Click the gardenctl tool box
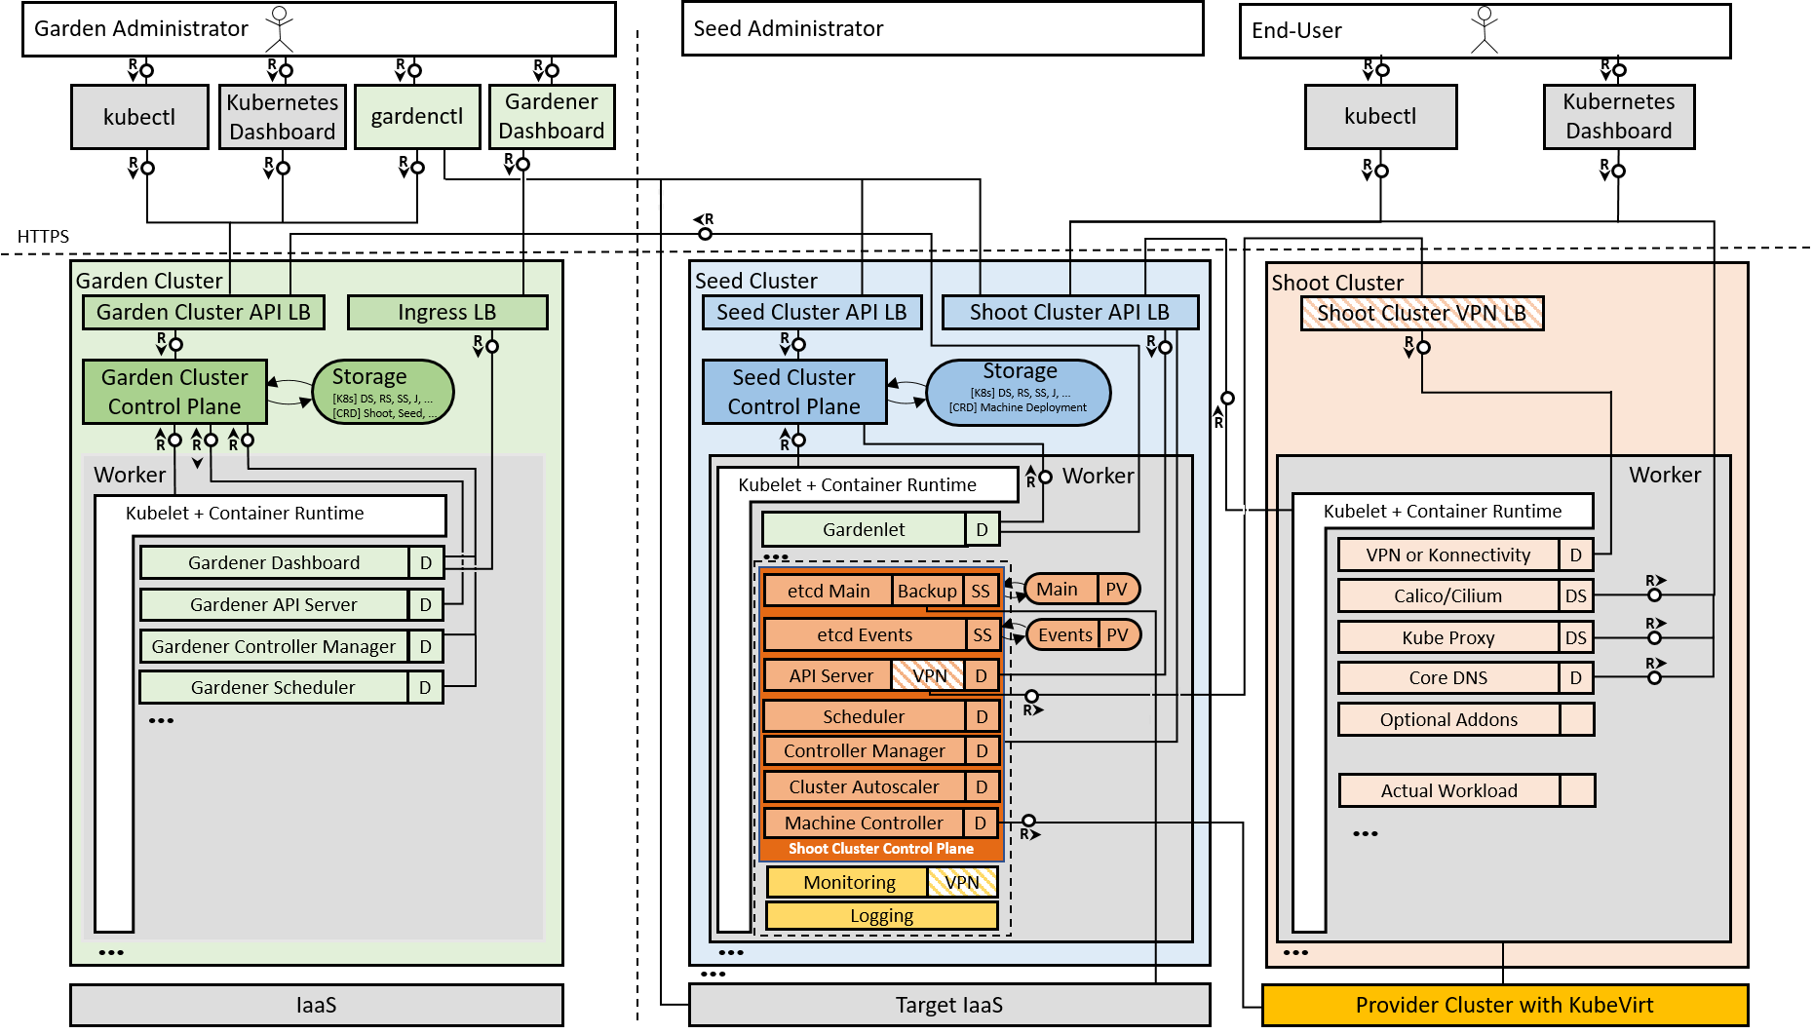417,117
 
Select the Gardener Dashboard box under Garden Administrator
552,117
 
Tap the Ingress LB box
447,313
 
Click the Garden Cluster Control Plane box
174,392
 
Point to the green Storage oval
383,392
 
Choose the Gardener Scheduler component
274,687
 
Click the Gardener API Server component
274,604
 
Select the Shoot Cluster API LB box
1069,313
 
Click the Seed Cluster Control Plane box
794,392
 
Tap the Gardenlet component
864,529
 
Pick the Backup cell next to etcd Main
927,591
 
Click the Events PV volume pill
1082,635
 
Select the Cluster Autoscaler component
864,786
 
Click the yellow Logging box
881,916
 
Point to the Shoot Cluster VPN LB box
1422,314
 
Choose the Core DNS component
1448,677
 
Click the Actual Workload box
1449,790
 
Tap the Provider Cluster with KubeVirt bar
1504,1005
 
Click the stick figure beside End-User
1485,29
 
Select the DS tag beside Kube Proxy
1576,637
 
